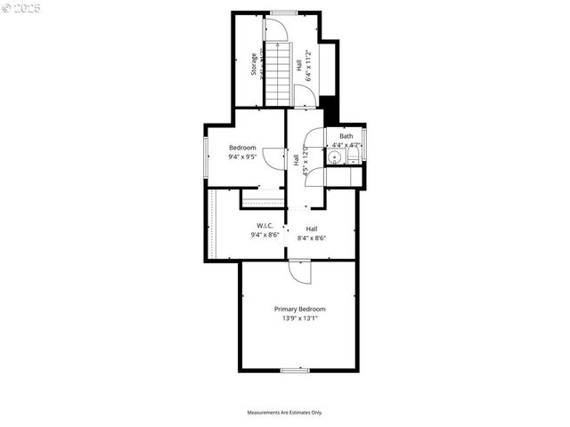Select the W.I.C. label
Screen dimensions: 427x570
click(265, 226)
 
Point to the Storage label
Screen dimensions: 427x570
click(254, 65)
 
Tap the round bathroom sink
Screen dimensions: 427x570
click(333, 157)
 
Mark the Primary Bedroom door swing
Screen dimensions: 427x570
click(301, 270)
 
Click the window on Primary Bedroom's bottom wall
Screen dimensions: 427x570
click(294, 370)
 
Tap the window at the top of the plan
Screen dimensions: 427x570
click(283, 12)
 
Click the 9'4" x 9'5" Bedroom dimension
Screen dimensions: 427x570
click(242, 158)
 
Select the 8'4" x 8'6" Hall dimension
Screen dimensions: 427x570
click(312, 238)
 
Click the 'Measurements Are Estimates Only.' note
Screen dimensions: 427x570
click(284, 413)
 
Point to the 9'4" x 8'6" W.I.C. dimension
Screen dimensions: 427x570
click(265, 236)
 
